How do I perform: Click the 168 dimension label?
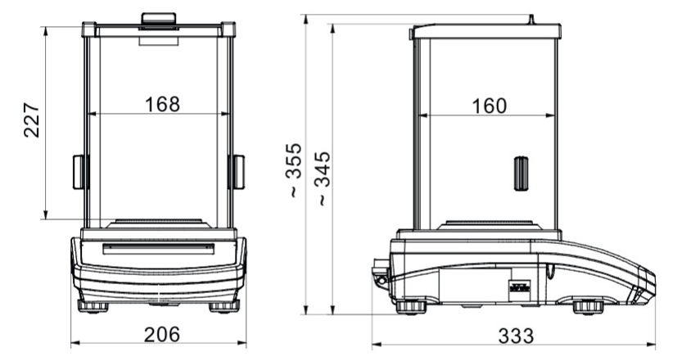pyautogui.click(x=163, y=105)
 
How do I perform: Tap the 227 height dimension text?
pyautogui.click(x=31, y=120)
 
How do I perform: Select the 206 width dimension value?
pyautogui.click(x=162, y=335)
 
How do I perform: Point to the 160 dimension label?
pyautogui.click(x=489, y=106)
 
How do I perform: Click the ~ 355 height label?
pyautogui.click(x=293, y=169)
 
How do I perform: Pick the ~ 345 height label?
pyautogui.click(x=324, y=178)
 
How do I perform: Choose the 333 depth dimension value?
pyautogui.click(x=516, y=336)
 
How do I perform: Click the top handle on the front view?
pyautogui.click(x=159, y=20)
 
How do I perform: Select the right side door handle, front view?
pyautogui.click(x=237, y=172)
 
